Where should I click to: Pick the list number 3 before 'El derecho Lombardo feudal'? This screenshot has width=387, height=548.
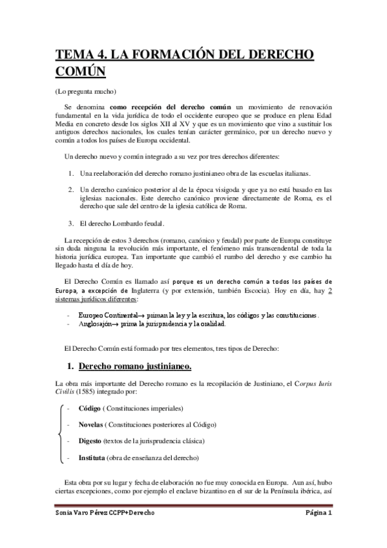pos(71,224)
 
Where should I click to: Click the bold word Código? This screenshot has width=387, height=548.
pos(89,409)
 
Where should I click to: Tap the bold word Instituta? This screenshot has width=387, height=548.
pos(93,457)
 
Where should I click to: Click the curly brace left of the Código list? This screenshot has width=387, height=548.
pos(59,433)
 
